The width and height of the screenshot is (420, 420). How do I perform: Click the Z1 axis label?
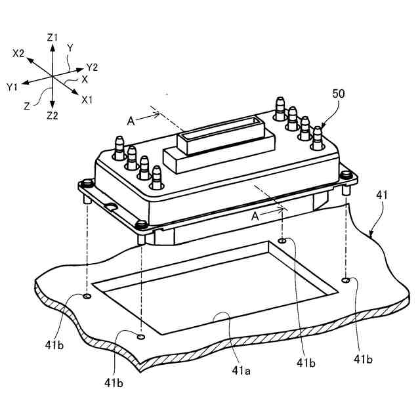point(53,39)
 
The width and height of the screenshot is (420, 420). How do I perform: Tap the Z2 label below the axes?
point(52,115)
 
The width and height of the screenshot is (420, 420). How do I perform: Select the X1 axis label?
point(88,100)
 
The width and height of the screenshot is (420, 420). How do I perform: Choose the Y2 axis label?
point(92,67)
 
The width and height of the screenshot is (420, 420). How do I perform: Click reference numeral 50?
point(339,94)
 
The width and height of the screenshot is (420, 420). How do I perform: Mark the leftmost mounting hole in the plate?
point(87,297)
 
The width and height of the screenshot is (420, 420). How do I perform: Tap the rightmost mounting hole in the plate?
point(346,280)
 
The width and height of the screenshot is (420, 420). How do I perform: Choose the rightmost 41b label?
point(364,358)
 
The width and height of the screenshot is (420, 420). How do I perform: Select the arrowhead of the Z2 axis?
point(52,105)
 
